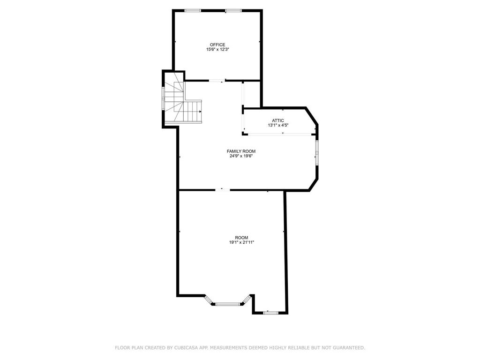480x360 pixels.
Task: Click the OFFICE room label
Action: click(217, 45)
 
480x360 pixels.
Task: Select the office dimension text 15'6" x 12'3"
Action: click(217, 49)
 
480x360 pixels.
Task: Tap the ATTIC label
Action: click(278, 120)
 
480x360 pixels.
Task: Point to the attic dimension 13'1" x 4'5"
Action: click(278, 125)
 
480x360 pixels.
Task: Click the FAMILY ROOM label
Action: click(241, 151)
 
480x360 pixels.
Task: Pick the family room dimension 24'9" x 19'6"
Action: click(241, 156)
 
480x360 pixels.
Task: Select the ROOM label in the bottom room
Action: click(241, 238)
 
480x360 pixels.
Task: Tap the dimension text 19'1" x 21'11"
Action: click(241, 242)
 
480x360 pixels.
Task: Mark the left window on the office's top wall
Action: click(193, 10)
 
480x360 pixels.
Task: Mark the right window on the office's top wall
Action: click(233, 10)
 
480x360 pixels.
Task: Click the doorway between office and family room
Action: click(216, 81)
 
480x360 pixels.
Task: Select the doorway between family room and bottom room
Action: click(223, 190)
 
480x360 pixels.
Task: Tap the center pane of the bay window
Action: click(228, 304)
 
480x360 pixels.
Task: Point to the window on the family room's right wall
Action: click(317, 153)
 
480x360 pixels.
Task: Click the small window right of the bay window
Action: click(270, 313)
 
